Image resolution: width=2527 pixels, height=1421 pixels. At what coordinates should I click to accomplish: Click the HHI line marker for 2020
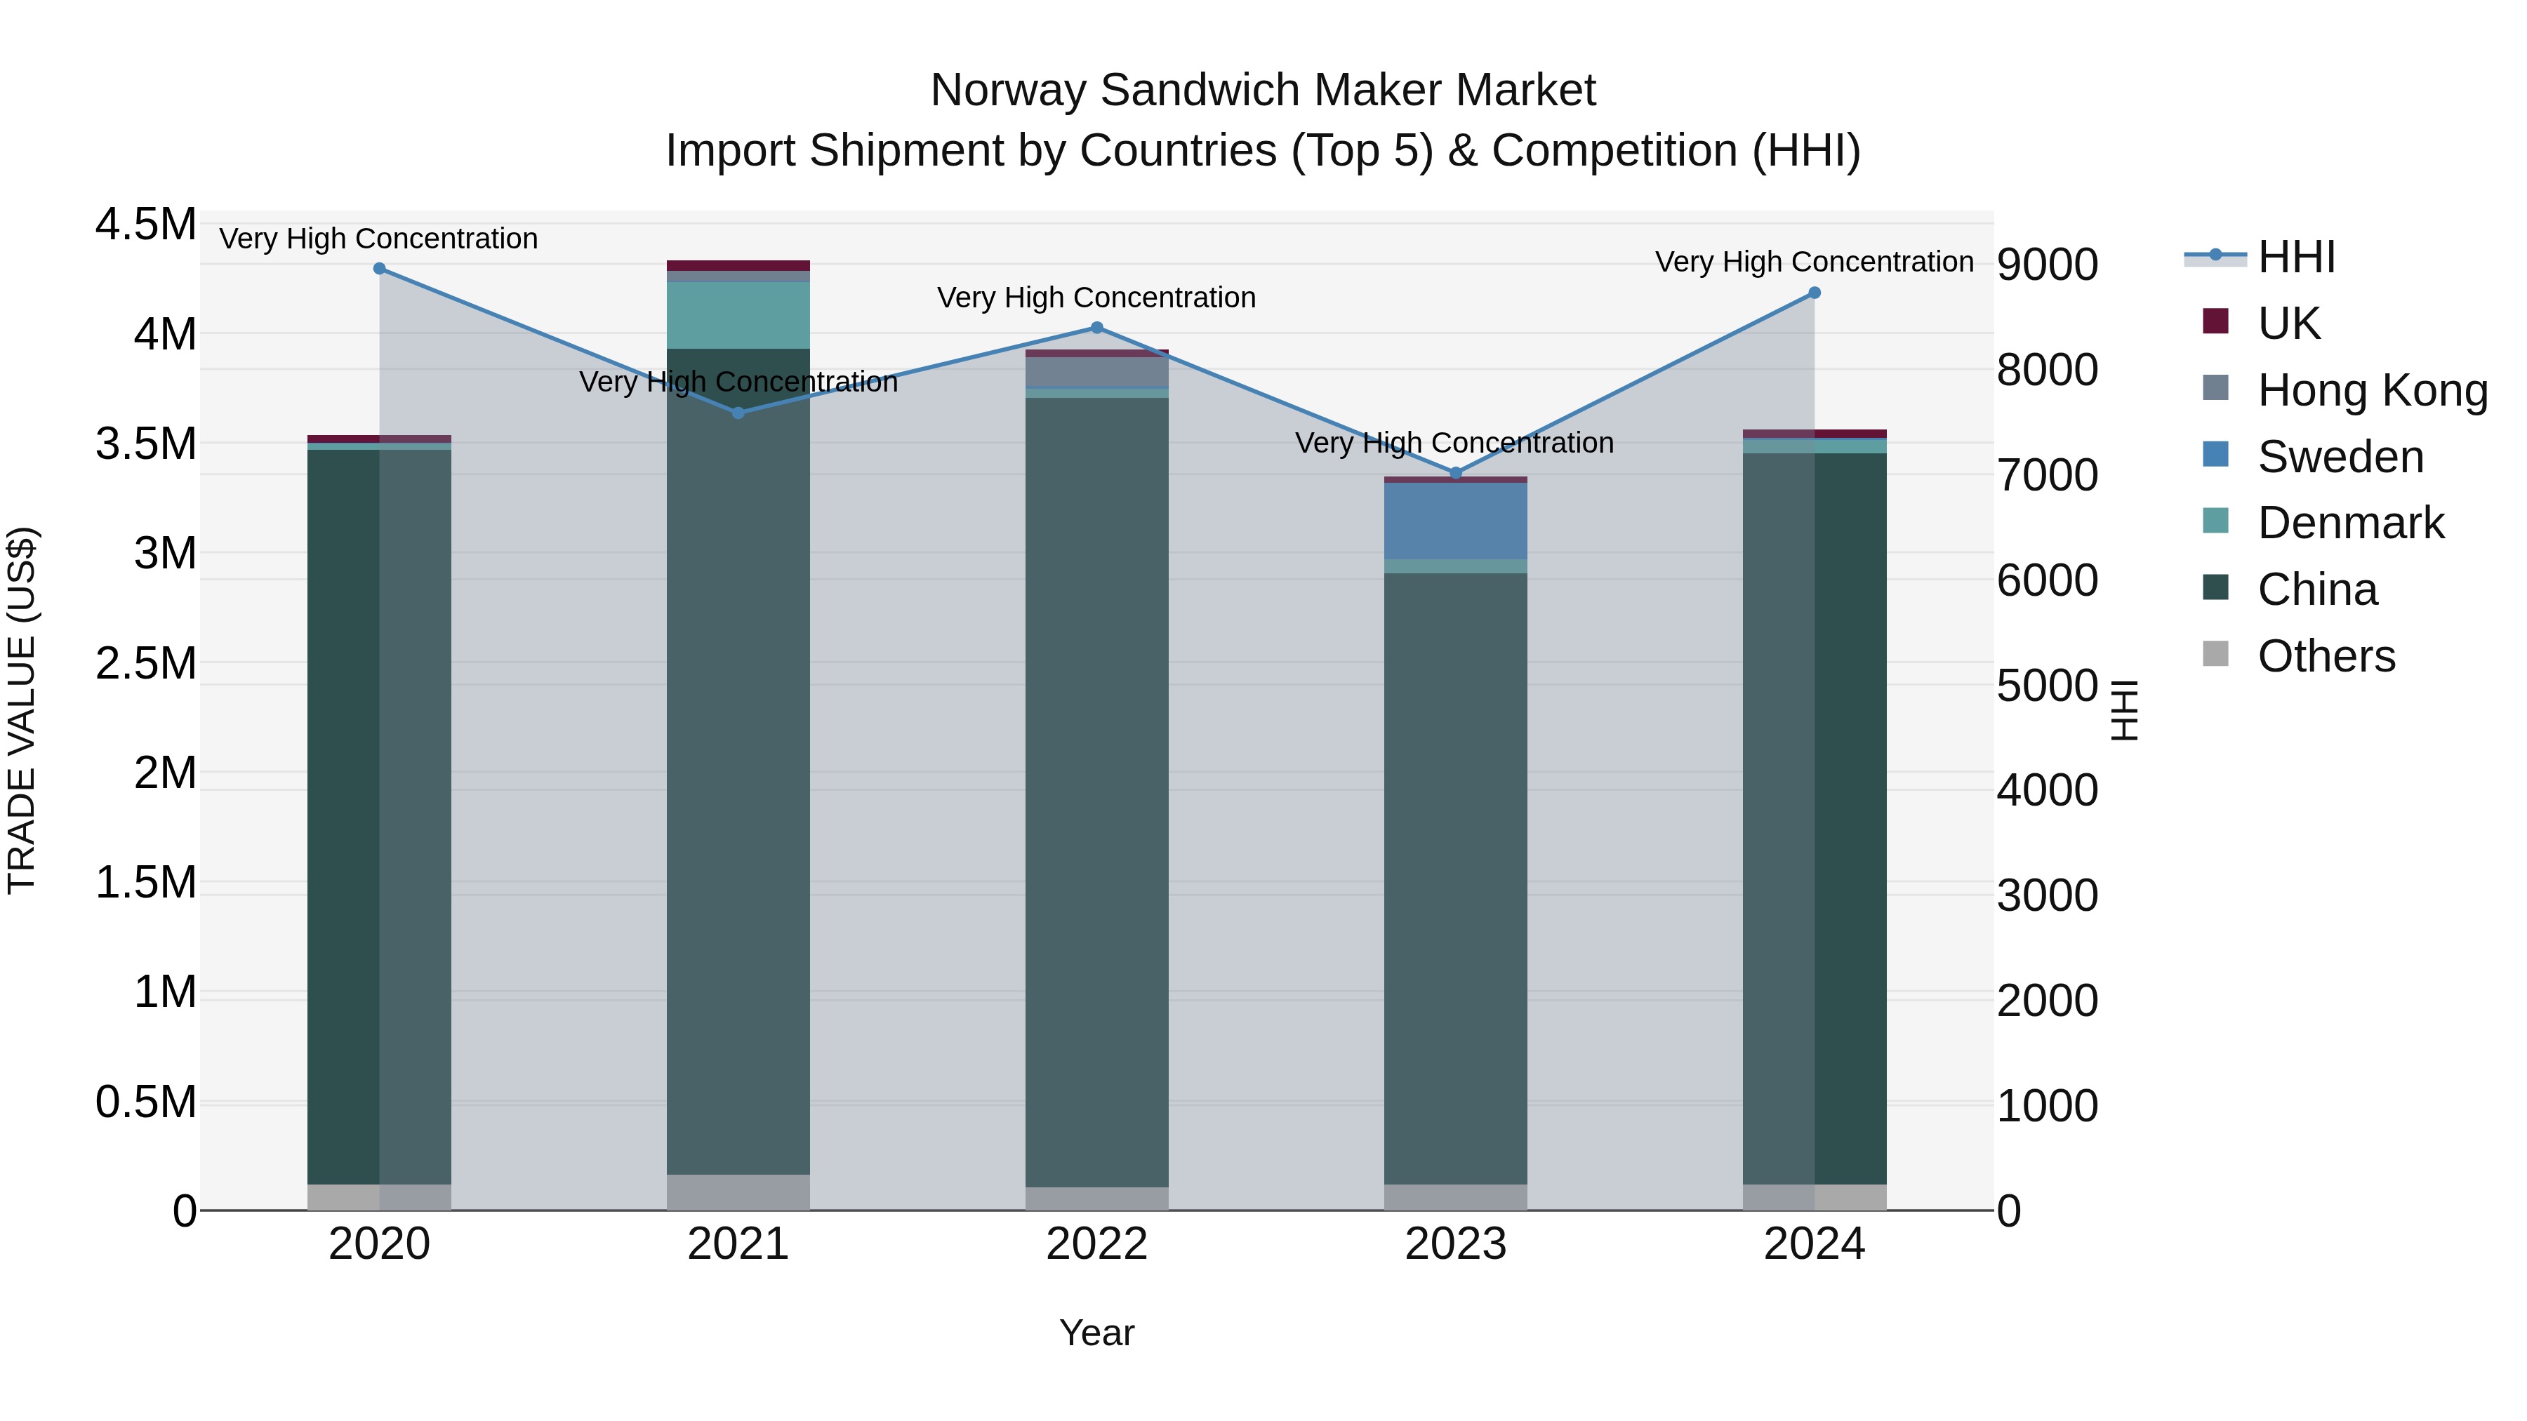click(380, 269)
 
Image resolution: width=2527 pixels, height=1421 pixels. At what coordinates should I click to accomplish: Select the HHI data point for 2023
click(1456, 473)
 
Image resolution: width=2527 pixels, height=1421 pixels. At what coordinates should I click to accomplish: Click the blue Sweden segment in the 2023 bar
click(1456, 521)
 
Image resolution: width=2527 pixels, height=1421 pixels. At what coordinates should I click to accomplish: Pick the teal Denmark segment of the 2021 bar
click(738, 315)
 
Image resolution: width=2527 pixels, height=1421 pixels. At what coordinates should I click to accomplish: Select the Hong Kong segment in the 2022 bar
click(1096, 372)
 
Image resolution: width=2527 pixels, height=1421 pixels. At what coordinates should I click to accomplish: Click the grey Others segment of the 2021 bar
click(738, 1192)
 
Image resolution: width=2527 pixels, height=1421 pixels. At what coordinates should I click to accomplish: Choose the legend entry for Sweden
click(2340, 457)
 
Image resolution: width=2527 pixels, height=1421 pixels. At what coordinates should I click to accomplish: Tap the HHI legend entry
click(2295, 257)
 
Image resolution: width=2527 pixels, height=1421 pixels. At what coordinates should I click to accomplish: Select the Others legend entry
click(2325, 656)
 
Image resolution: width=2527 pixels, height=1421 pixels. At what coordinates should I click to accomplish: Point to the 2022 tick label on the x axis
click(1096, 1244)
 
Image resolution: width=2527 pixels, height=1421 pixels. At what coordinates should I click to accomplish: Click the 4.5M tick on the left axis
click(145, 225)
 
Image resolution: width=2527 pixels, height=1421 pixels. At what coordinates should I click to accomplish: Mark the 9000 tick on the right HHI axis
click(2048, 265)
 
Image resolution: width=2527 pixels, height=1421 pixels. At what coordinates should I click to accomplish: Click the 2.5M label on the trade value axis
click(145, 664)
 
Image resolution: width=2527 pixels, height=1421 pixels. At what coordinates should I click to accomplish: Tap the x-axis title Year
click(1096, 1333)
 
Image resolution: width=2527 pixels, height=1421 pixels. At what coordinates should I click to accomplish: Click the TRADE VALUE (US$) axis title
click(22, 711)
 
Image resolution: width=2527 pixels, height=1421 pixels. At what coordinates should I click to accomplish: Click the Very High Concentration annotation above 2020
click(378, 239)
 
